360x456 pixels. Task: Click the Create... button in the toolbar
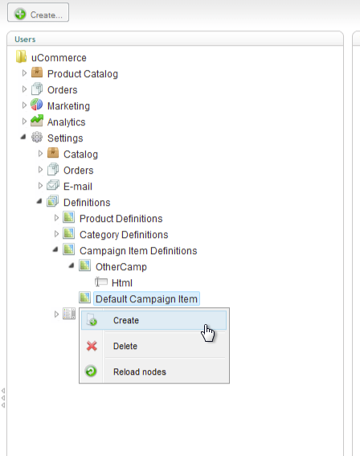tap(38, 13)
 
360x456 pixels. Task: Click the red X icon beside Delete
tap(92, 346)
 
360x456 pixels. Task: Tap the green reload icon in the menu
tap(91, 371)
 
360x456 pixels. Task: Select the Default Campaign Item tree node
tap(146, 298)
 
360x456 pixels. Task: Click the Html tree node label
tap(122, 282)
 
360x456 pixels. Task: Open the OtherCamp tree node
tap(121, 267)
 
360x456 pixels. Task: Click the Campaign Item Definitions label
tap(138, 251)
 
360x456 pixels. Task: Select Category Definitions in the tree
tap(124, 235)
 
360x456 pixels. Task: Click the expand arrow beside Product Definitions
tap(57, 218)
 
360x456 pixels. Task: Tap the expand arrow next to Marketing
tap(24, 105)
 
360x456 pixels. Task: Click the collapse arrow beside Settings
tap(23, 137)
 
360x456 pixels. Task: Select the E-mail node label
tap(78, 187)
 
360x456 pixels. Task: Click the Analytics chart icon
tap(37, 121)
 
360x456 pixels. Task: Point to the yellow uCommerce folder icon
tap(21, 56)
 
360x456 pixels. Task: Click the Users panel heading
tap(25, 39)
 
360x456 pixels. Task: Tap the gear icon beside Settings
tap(37, 137)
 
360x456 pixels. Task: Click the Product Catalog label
tap(83, 74)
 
